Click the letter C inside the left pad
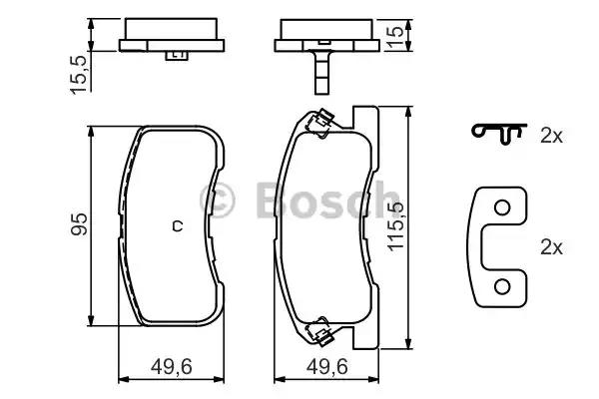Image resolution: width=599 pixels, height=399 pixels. coord(176,224)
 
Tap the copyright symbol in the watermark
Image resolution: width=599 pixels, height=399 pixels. coord(219,199)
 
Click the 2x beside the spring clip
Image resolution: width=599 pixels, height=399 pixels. coord(551,137)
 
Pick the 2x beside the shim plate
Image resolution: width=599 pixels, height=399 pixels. coord(551,243)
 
